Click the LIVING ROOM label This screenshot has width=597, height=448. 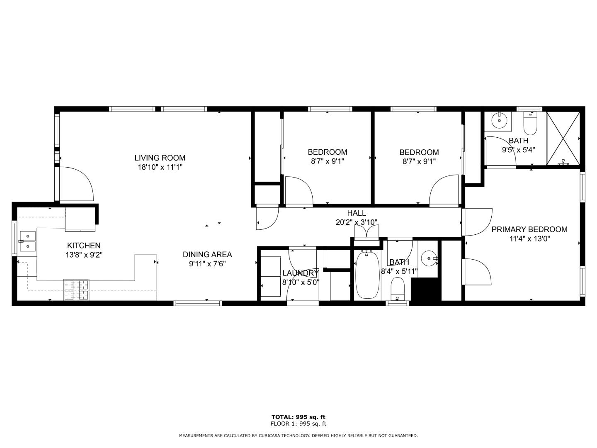click(160, 158)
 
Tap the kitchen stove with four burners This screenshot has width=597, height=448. click(76, 290)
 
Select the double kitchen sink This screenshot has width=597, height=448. click(28, 241)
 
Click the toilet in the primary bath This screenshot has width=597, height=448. click(530, 123)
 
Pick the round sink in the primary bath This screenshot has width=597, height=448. click(499, 121)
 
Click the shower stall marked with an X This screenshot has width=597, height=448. click(563, 138)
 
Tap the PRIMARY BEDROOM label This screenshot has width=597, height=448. click(529, 229)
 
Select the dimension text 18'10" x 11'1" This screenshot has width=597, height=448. click(160, 167)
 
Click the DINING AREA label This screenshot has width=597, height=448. click(207, 254)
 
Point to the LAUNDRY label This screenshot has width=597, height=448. click(300, 273)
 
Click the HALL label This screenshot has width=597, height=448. click(357, 213)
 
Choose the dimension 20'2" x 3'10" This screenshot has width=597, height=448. click(357, 222)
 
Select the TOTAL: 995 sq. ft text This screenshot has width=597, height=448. click(298, 417)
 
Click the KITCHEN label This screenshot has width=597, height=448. click(84, 246)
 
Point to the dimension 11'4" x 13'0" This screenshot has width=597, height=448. click(529, 239)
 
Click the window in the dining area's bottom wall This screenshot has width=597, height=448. click(198, 303)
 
